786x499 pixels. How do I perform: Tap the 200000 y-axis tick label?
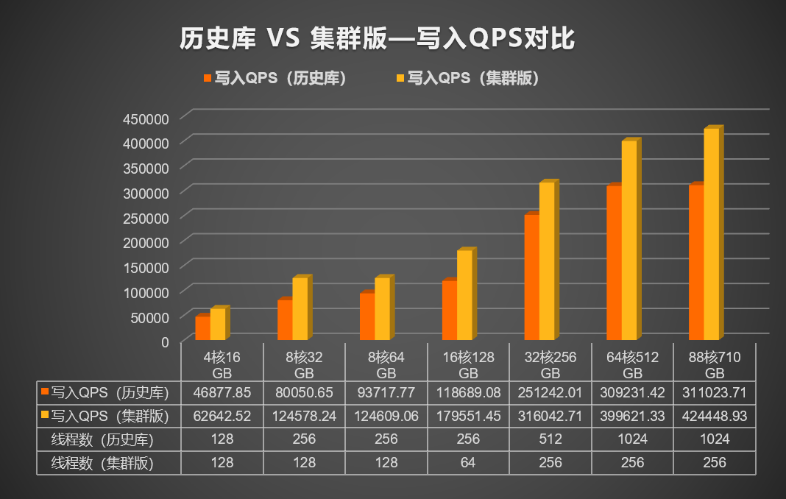(x=149, y=241)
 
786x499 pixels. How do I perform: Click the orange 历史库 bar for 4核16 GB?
(x=202, y=328)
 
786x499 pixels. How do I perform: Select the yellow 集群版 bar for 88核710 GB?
(x=712, y=233)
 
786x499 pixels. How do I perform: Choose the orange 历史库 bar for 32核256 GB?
(x=531, y=277)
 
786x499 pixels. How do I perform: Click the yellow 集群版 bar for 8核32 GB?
(x=300, y=308)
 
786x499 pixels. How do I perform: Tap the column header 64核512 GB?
(x=632, y=364)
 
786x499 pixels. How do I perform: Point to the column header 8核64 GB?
(x=386, y=364)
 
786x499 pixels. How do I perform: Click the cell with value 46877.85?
(x=222, y=392)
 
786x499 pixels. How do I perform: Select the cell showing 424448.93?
(x=715, y=416)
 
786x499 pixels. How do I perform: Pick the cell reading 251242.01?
(x=550, y=392)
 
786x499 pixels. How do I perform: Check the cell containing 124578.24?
(x=304, y=416)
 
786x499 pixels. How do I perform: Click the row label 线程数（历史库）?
(x=107, y=439)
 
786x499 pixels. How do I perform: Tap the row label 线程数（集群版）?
(x=107, y=463)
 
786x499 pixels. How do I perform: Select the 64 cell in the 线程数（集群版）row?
(x=468, y=463)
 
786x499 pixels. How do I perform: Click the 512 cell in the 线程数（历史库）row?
(x=550, y=439)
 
